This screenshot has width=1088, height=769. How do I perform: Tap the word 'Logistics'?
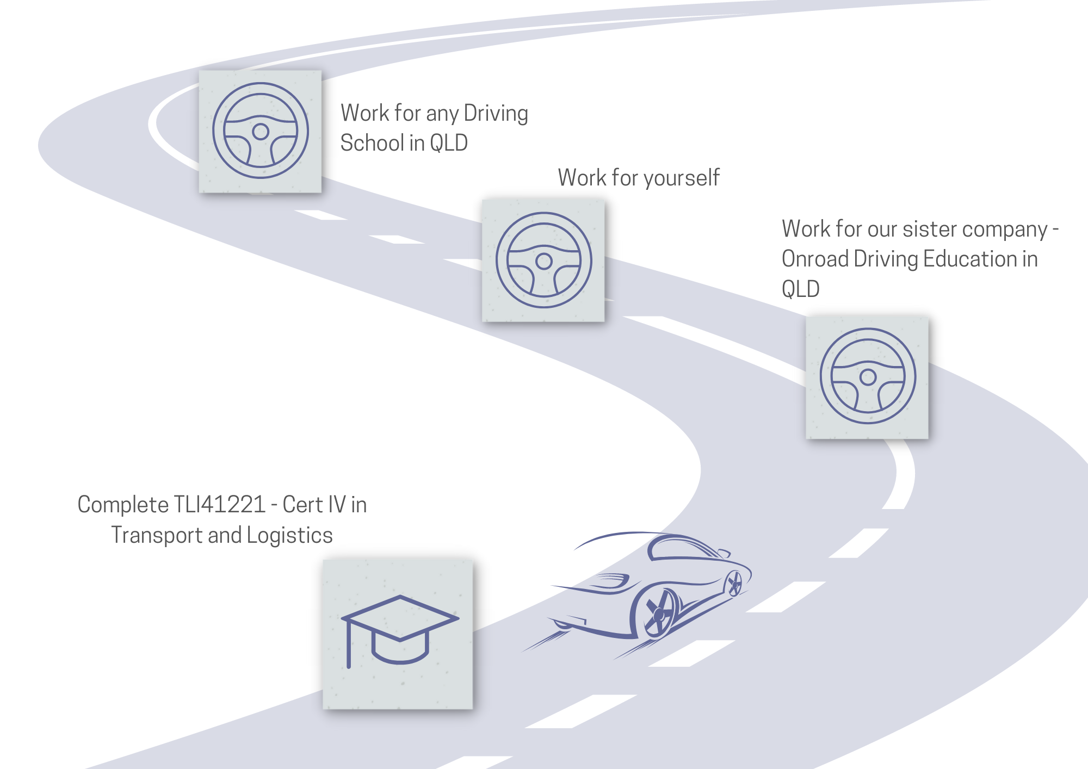tap(289, 536)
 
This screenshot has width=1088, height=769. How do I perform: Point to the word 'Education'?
tap(970, 259)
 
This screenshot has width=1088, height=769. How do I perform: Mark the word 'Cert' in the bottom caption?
tap(303, 505)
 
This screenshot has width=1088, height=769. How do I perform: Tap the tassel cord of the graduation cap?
tap(349, 644)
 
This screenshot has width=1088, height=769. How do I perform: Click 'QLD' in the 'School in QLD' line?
tap(449, 143)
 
